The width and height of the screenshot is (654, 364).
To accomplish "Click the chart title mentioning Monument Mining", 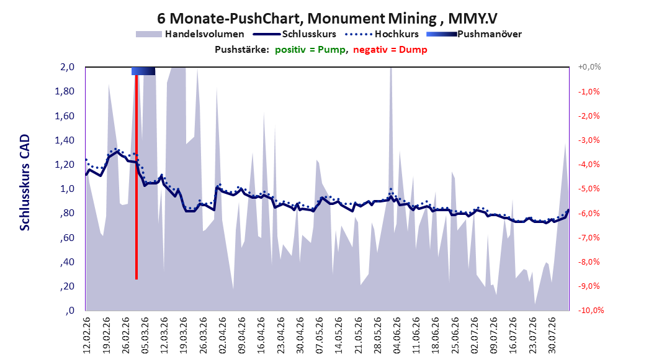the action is pos(327,19).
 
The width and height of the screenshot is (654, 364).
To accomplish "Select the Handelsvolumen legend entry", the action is pos(190,34).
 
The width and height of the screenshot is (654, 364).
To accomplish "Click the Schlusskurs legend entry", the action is pos(295,34).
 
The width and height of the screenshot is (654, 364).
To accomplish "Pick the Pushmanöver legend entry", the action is pos(474,34).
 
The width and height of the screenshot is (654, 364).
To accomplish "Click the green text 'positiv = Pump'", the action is pos(310,50).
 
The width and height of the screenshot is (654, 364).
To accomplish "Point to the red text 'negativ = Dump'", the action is pos(390,50).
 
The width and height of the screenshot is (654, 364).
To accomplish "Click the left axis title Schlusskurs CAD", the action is pos(25,183).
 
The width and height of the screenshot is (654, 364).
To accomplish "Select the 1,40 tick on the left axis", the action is pos(65,140).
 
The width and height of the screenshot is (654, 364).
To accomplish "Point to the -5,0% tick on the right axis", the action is pos(589,189).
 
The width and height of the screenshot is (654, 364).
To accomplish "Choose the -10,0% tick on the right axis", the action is pos(591,310).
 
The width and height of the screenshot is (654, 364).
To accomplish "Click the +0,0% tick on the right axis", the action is pos(589,67).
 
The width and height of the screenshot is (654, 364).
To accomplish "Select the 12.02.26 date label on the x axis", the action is pos(87,335).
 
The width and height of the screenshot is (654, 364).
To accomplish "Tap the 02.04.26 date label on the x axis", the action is pos(223,335).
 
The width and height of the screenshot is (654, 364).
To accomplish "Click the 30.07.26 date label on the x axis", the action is pos(552,335).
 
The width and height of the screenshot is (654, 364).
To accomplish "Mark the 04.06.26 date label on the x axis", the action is pos(397,335).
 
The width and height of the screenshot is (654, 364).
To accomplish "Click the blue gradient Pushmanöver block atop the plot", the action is pos(143,71).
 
